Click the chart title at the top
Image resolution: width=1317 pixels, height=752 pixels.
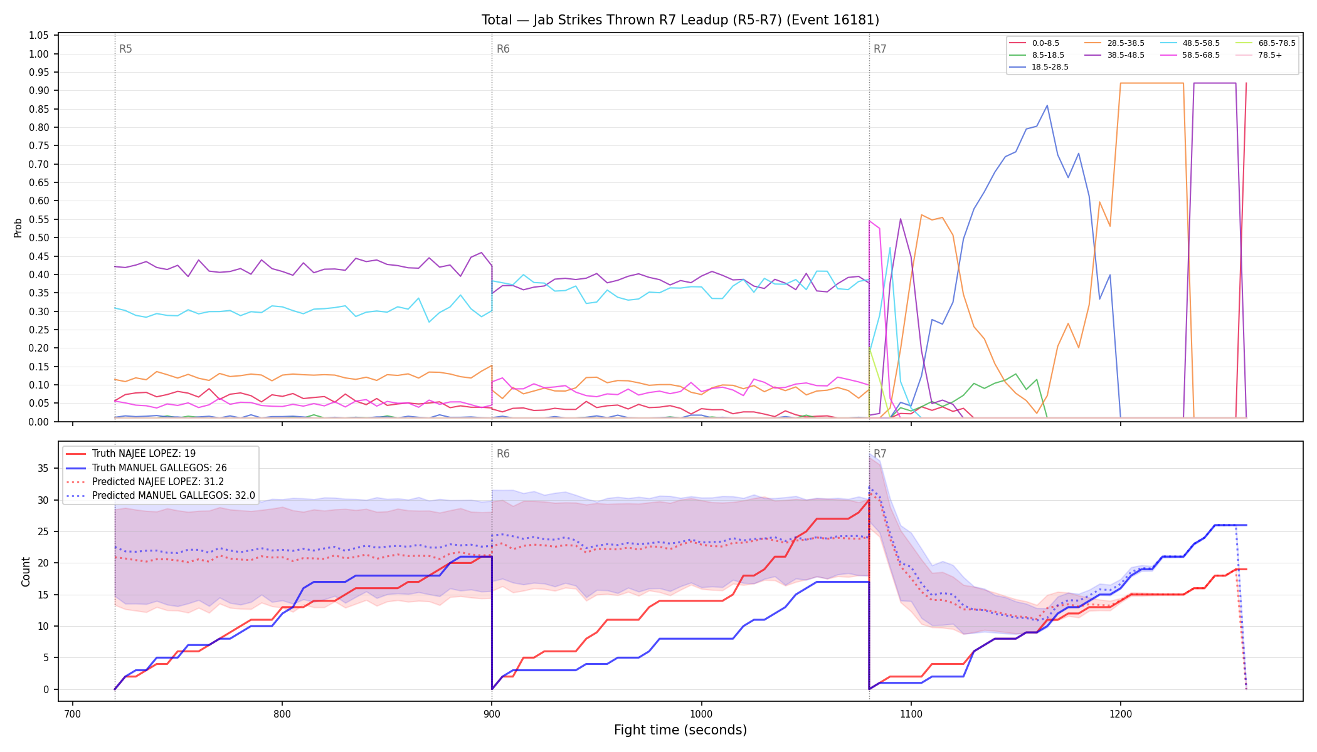[x=680, y=20]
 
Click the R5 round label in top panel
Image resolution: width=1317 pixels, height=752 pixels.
[x=125, y=49]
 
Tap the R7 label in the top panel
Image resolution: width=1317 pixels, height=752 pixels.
[x=880, y=49]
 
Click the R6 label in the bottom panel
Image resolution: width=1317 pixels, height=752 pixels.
[x=503, y=454]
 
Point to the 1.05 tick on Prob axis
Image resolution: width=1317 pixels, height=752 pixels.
[x=39, y=36]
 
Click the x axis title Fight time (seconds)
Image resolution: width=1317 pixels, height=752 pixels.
[x=680, y=730]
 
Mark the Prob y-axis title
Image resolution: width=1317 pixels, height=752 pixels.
[x=18, y=227]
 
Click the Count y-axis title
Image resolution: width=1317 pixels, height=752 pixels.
[x=26, y=572]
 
